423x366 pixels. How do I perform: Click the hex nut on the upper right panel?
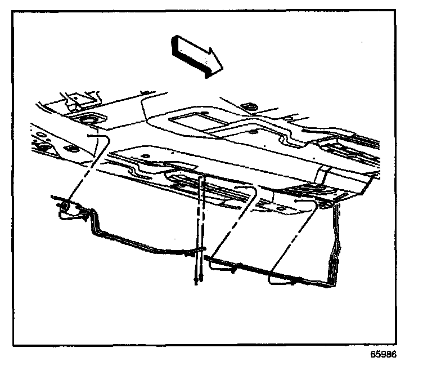pos(247,106)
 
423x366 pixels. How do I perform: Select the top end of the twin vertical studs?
pos(201,179)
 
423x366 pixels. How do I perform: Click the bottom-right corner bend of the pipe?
pos(329,284)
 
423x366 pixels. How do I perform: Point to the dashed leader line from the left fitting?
pos(84,169)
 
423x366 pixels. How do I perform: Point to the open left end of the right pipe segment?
pos(206,258)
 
